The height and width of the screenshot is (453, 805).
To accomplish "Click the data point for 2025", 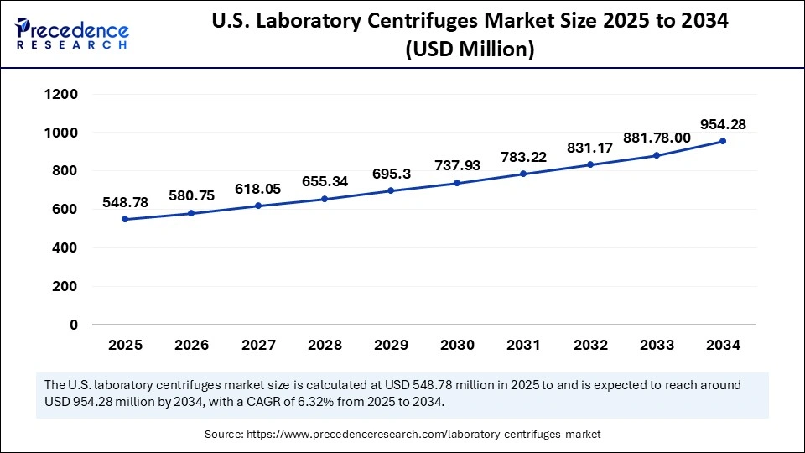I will point(125,219).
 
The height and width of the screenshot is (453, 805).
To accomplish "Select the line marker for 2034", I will point(723,141).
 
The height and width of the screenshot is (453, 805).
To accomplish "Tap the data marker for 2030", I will point(457,183).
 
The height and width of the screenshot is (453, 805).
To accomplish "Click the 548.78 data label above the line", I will point(125,202).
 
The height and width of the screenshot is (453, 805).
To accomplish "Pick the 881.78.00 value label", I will point(656,138).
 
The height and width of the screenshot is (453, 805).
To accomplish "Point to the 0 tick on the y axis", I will point(74,325).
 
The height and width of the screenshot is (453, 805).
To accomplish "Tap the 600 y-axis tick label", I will point(65,210).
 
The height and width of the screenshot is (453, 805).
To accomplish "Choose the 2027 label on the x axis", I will point(257,345).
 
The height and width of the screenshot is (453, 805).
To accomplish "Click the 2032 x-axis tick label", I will point(589,345).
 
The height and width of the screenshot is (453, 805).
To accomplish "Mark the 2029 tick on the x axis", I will point(391,345).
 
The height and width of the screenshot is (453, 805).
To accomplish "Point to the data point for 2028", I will point(325,199).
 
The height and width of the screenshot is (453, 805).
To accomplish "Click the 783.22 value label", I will point(523,156).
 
